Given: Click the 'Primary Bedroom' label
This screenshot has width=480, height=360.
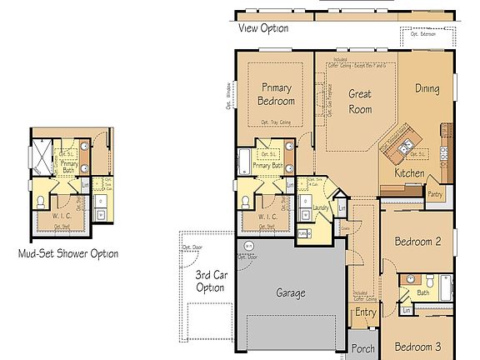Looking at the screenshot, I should [277, 94].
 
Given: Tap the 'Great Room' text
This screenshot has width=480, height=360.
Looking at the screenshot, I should [359, 101].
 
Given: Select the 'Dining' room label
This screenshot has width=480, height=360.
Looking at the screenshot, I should [427, 88].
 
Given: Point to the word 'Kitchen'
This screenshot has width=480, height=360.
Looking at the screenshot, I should [409, 173].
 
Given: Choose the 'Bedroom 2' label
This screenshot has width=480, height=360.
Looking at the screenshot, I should [417, 242].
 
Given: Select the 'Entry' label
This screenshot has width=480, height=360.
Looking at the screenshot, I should [365, 312].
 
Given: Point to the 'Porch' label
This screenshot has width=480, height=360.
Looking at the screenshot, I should [362, 349].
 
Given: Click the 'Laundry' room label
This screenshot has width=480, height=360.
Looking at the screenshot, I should [319, 209].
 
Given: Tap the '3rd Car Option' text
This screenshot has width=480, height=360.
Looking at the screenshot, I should [209, 281].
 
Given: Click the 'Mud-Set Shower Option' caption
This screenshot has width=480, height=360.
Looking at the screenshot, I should [67, 253].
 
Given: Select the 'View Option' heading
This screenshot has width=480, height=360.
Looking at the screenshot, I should [263, 28].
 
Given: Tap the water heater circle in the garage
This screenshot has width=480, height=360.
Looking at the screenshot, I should [247, 246].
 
